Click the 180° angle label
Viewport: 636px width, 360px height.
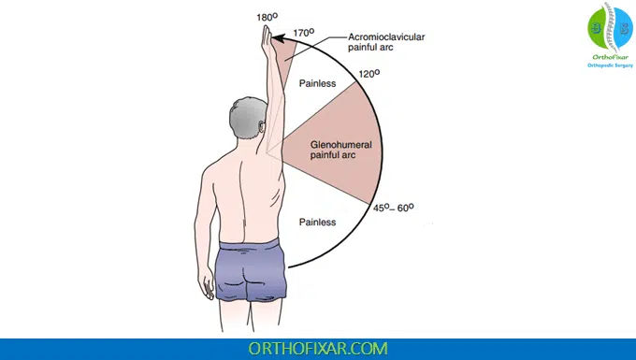(x=267, y=17)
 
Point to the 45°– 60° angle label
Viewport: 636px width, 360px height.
(x=393, y=208)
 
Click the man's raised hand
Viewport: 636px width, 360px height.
(x=267, y=38)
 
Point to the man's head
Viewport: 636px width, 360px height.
(x=246, y=122)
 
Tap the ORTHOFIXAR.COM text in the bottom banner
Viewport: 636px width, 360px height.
(x=318, y=348)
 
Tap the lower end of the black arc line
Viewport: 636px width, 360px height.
(x=290, y=267)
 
